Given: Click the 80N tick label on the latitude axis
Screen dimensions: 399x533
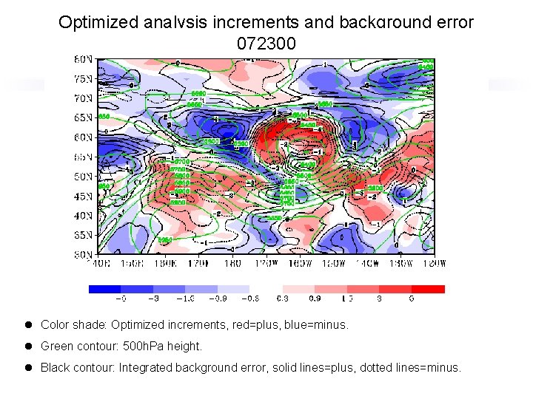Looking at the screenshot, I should pos(83,58).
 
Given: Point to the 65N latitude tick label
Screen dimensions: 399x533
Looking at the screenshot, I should pos(83,117).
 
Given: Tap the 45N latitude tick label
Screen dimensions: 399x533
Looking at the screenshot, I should pos(83,196).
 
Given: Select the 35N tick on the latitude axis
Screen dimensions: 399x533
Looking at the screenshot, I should pos(83,235).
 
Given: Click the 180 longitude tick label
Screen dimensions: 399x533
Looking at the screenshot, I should pos(232,262).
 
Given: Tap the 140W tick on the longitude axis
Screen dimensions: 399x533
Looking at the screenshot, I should pos(367,262).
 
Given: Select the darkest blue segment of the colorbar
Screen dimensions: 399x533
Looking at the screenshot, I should pos(104,290).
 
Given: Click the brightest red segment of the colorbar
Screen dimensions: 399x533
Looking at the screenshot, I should pos(429,290).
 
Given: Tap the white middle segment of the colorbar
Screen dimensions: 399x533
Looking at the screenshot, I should pos(266,290).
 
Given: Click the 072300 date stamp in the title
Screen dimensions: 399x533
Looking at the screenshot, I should pos(266,44).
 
